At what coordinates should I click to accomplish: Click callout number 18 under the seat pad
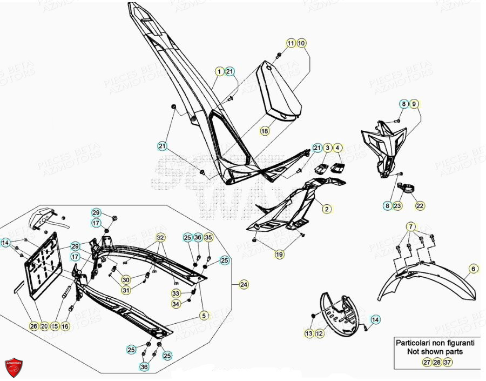tap(264, 131)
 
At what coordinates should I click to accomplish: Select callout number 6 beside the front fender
tap(473, 269)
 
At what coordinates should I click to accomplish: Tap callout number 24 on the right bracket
tap(244, 284)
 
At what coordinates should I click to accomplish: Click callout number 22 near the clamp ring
tap(420, 205)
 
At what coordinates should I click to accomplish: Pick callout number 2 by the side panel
tap(326, 208)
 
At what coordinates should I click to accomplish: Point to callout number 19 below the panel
tap(279, 253)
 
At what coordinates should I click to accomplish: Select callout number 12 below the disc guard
tap(319, 334)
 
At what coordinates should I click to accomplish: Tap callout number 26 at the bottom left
tap(34, 326)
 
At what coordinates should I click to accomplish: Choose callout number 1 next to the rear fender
tap(219, 71)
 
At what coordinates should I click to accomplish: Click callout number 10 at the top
tap(301, 43)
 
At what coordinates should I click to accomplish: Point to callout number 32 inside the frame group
tap(160, 238)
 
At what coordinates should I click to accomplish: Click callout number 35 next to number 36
tap(208, 237)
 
